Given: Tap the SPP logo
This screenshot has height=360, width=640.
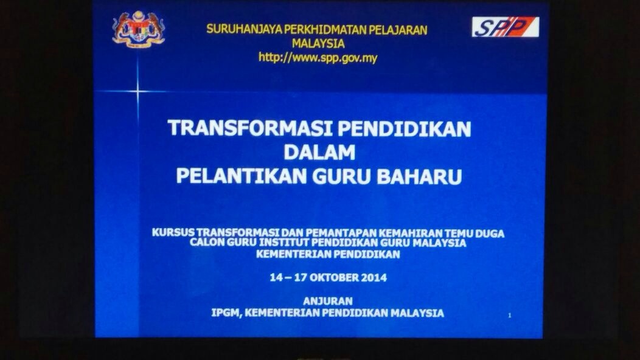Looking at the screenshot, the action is tap(506, 27).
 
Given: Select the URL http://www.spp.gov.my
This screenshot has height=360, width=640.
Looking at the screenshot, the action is tap(318, 58).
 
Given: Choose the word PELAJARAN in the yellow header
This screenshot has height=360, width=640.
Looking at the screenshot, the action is tap(398, 30).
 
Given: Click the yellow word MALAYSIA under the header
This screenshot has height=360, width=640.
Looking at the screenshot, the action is tap(318, 43).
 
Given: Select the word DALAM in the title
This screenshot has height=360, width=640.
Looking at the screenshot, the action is tap(319, 152).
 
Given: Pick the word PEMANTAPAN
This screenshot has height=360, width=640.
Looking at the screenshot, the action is tap(341, 233).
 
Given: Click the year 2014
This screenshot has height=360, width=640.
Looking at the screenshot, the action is tap(375, 277).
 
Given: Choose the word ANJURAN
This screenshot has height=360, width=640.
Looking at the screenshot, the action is tap(328, 301).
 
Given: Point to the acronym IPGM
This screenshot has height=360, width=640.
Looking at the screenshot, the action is tap(226, 313).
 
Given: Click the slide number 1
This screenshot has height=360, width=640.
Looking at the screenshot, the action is tap(509, 315).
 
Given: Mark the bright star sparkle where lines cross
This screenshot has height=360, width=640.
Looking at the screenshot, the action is tap(137, 91).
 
